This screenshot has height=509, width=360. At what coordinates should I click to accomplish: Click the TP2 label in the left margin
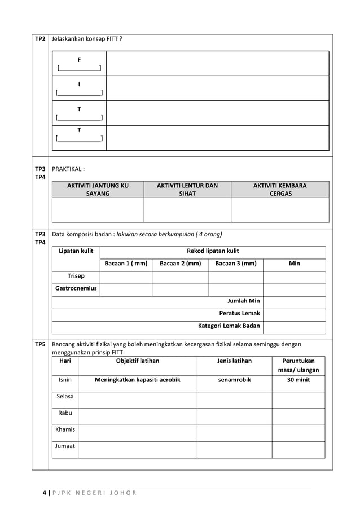coord(40,39)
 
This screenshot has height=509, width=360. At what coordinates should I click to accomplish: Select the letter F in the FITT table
coord(79,59)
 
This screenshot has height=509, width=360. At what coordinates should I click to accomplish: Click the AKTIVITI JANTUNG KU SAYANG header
coord(98,189)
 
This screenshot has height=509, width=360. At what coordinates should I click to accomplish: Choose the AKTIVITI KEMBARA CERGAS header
coord(280,189)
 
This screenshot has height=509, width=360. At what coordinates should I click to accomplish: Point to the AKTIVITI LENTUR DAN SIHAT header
coord(187,189)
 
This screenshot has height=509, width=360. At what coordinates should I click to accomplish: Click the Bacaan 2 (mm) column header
coord(180,264)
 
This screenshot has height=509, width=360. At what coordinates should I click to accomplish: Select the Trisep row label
coord(76,276)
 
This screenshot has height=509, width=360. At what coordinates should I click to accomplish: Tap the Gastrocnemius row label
coord(76,288)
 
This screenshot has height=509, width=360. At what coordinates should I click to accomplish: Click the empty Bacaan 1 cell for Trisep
coord(126,277)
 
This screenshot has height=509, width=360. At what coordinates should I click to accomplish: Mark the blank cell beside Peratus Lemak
coord(294,313)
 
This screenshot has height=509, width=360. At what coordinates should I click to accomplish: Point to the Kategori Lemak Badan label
coord(229,326)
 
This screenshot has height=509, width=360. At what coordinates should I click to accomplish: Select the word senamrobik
coord(235,380)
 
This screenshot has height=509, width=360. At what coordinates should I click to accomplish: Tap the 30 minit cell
coord(298,380)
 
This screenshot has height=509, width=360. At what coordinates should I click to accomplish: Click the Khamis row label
coord(65,429)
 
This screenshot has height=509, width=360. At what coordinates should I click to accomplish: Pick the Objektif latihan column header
coord(137,361)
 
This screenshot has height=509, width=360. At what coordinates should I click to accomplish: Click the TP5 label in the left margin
coord(40,344)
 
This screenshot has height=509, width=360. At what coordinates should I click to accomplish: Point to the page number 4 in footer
coord(44,493)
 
